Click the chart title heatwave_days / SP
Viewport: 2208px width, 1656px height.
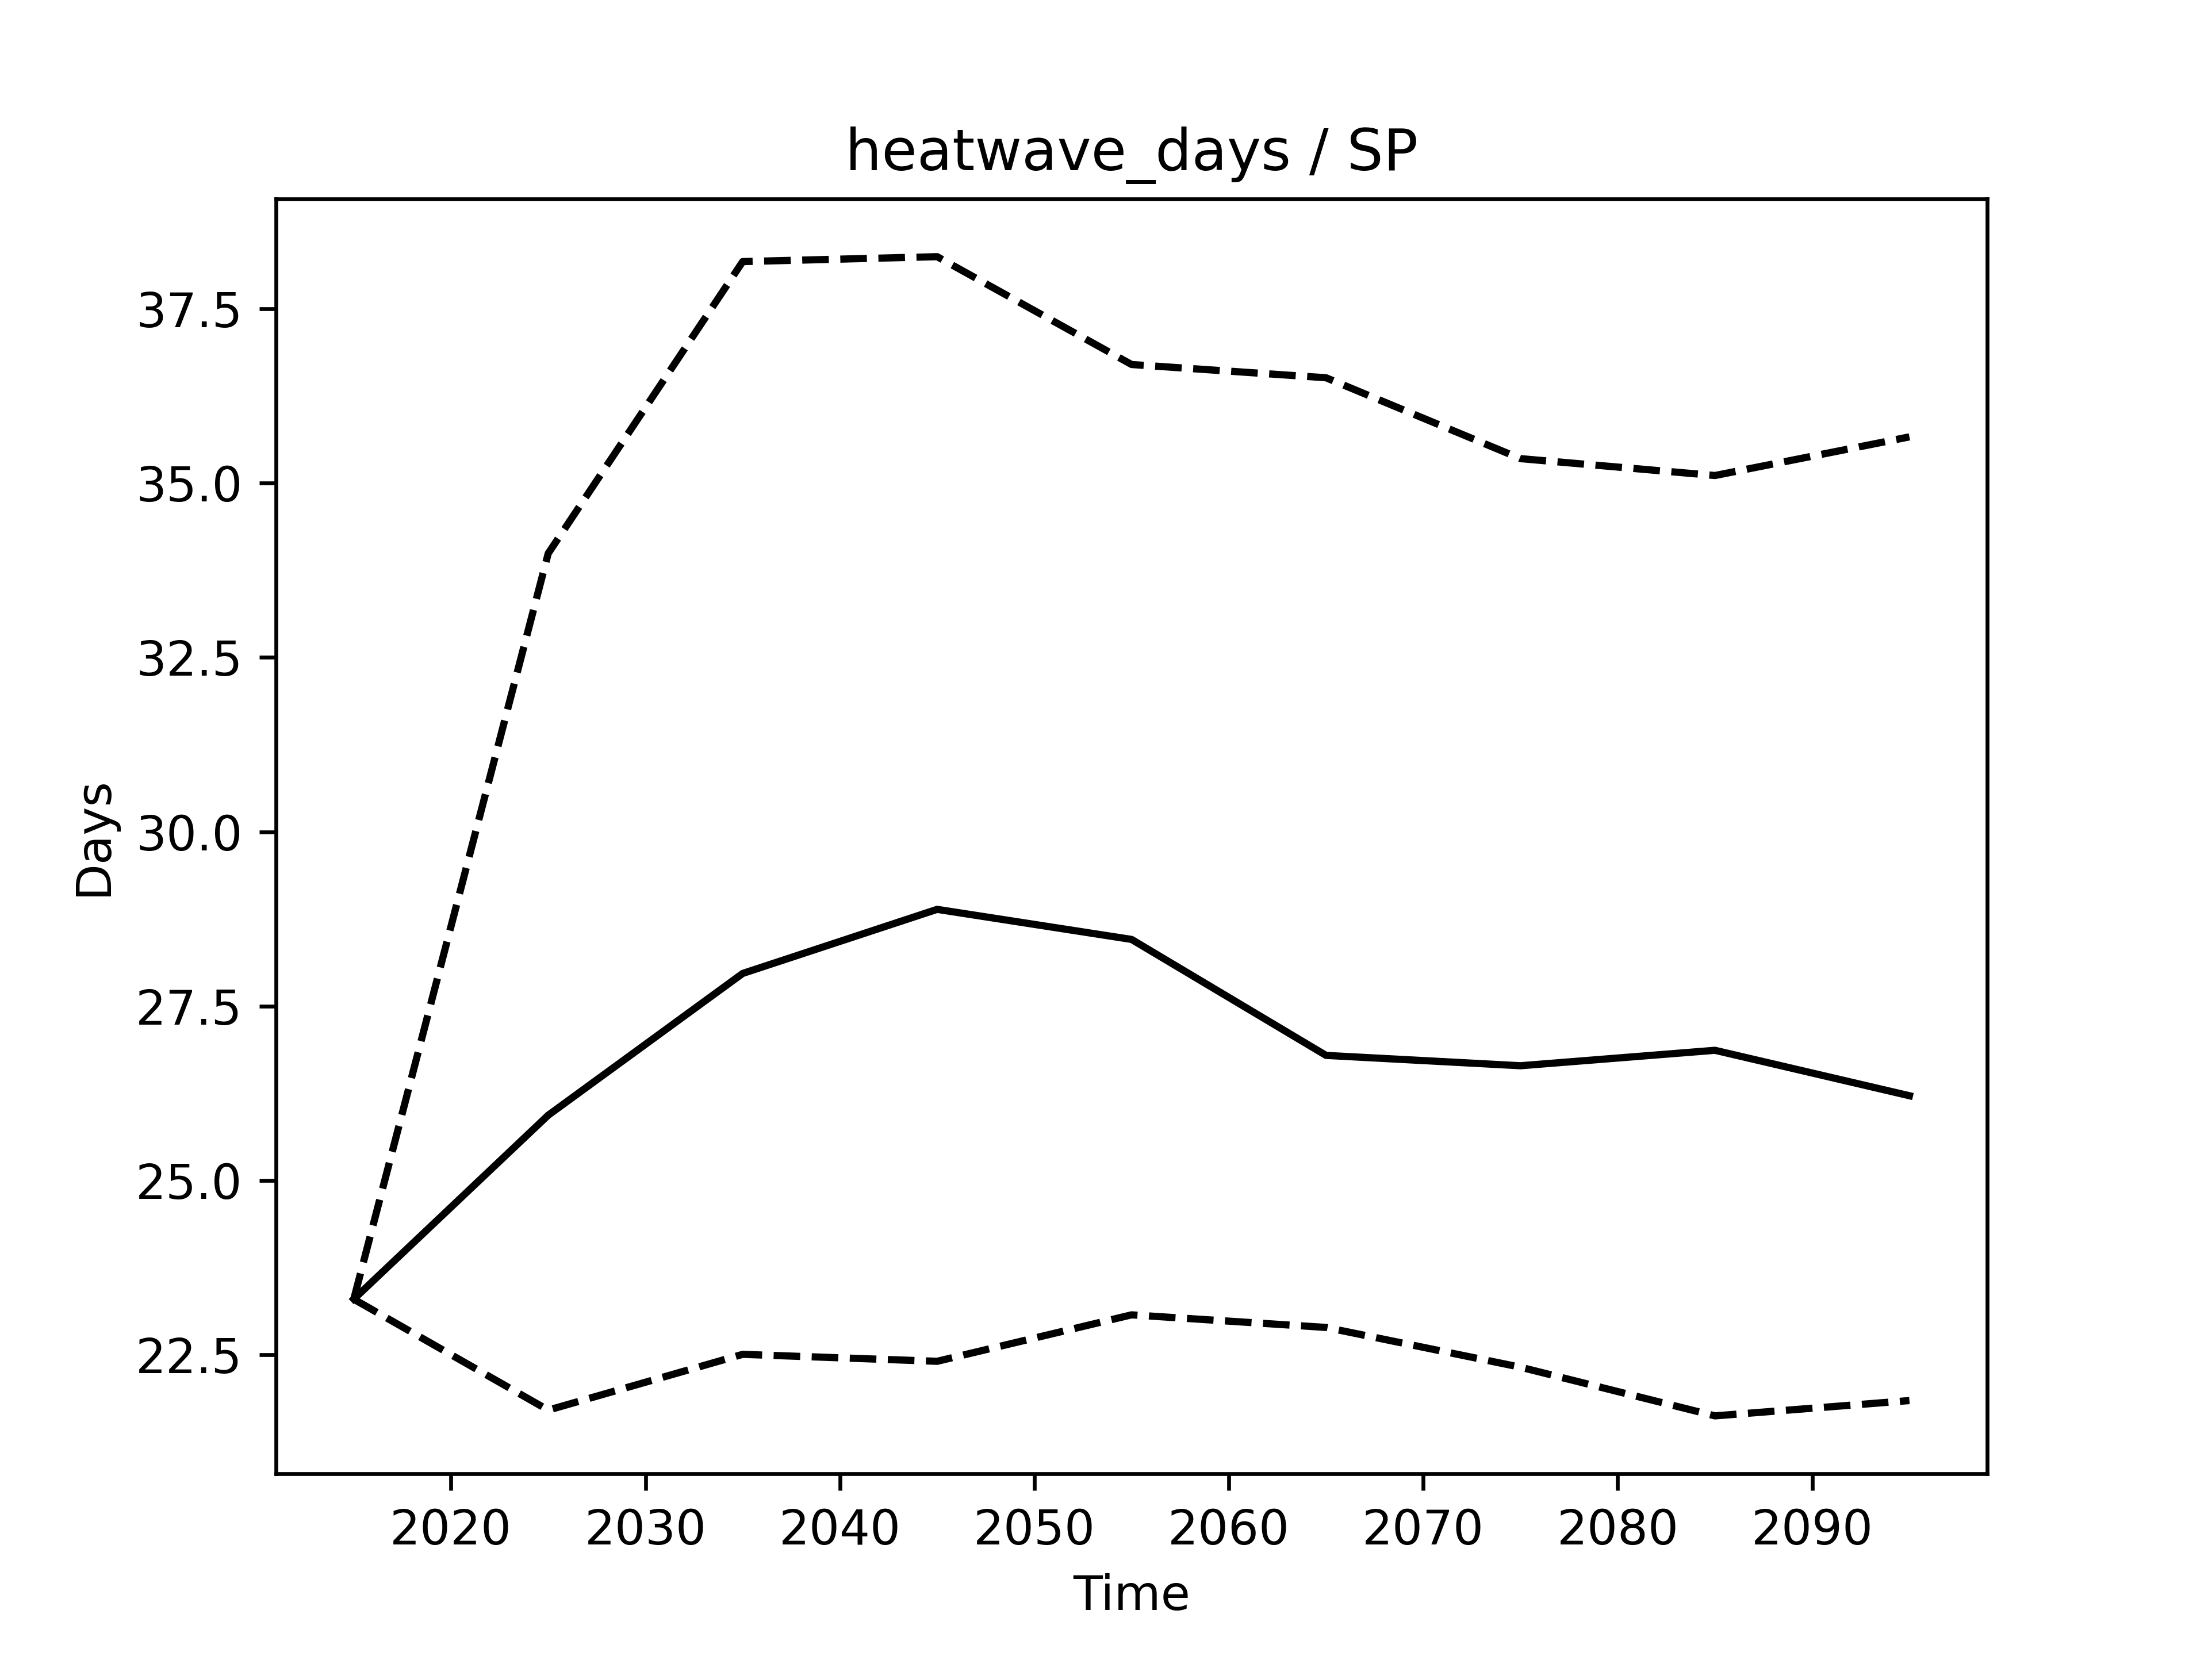[1131, 154]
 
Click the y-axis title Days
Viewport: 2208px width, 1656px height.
[95, 841]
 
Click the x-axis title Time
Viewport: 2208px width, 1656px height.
[1131, 1594]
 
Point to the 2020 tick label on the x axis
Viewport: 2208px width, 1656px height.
[450, 1528]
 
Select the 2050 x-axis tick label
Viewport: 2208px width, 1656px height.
[1034, 1528]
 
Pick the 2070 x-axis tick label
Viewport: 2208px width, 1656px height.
[1423, 1528]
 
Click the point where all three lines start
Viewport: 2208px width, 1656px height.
[354, 1299]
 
